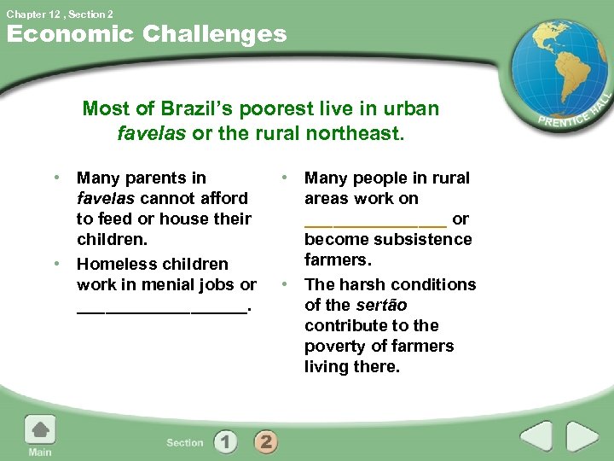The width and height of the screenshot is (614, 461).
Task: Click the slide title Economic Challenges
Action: coord(147,34)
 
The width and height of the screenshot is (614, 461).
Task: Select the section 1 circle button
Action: coord(225,441)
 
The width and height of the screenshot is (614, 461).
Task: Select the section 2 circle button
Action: coord(265,441)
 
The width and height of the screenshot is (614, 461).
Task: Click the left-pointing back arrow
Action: coord(536,437)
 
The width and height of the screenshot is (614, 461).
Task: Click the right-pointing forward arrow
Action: coord(582,437)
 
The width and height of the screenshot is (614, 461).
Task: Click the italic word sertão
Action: coord(380,305)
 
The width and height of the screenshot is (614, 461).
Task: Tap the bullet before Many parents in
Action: coord(57,178)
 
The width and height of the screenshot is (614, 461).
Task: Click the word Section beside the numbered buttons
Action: coord(185,442)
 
